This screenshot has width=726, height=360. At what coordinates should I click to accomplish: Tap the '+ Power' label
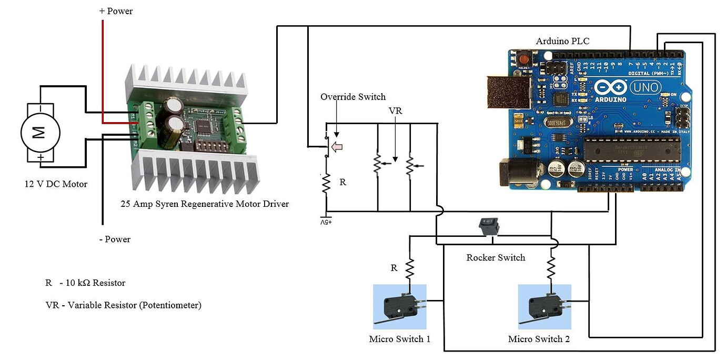pos(116,11)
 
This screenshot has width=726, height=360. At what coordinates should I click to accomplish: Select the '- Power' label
pos(115,239)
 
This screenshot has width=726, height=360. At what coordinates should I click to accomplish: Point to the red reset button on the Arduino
pos(524,57)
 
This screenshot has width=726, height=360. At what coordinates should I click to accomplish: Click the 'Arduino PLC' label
pos(562,41)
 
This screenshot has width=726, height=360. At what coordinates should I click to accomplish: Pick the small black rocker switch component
pos(489,227)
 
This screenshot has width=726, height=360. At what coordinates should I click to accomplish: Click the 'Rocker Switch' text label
pos(496,258)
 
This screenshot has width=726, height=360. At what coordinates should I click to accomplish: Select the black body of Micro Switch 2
pos(544,305)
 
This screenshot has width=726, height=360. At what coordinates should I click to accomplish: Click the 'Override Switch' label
pos(353,97)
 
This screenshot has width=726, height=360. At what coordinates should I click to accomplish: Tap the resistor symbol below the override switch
pos(326,184)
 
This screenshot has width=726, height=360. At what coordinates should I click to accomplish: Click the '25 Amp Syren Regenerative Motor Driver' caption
pos(204,204)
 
